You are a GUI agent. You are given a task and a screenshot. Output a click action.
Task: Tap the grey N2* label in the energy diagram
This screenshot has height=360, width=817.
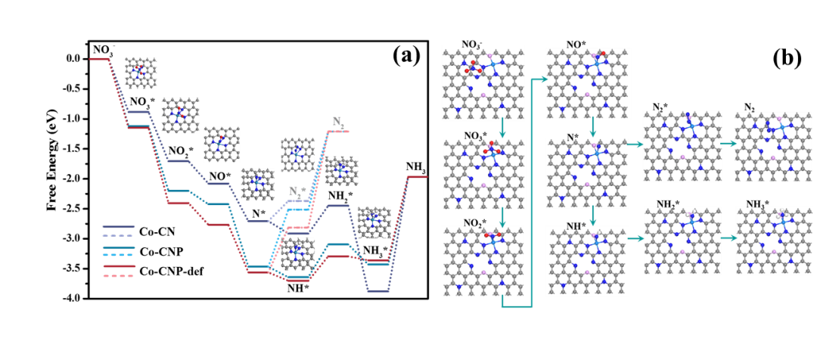click(296, 192)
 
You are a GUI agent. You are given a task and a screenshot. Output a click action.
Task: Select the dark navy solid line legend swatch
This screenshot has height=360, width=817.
click(119, 226)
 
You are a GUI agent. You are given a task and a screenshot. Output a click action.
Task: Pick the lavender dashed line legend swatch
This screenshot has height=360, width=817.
click(119, 236)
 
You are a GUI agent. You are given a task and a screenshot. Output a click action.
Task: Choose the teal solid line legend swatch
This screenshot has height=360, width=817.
click(119, 247)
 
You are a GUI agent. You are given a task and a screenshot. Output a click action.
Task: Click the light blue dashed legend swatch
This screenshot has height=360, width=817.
click(119, 256)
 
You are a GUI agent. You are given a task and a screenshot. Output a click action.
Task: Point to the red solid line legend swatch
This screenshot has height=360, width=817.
click(119, 266)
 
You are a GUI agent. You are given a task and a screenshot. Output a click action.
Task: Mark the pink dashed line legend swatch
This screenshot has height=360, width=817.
click(119, 276)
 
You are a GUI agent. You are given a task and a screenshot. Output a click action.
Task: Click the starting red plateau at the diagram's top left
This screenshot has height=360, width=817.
click(99, 59)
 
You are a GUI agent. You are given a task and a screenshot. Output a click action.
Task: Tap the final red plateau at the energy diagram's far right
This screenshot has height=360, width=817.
click(417, 177)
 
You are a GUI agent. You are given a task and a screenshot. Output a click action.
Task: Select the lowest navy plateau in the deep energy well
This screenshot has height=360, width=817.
click(378, 291)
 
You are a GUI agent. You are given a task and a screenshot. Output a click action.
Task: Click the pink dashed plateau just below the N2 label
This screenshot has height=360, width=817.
click(337, 132)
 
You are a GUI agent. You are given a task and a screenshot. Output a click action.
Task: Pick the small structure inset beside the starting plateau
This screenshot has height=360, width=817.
click(141, 73)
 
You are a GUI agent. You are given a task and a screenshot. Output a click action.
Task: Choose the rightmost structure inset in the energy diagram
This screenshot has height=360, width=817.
click(374, 222)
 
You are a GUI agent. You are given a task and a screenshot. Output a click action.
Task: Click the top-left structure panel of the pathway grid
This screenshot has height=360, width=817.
click(483, 83)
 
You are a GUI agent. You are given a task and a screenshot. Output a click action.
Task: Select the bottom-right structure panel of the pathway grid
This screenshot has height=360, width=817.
click(774, 241)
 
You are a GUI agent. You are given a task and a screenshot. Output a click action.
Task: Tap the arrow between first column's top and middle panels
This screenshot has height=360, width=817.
click(502, 128)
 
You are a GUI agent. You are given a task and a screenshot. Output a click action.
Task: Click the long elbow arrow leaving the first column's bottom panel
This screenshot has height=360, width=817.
click(532, 227)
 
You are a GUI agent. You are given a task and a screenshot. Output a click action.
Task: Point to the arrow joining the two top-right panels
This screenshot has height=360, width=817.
click(728, 144)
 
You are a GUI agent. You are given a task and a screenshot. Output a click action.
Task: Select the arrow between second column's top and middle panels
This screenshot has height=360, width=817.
click(592, 128)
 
